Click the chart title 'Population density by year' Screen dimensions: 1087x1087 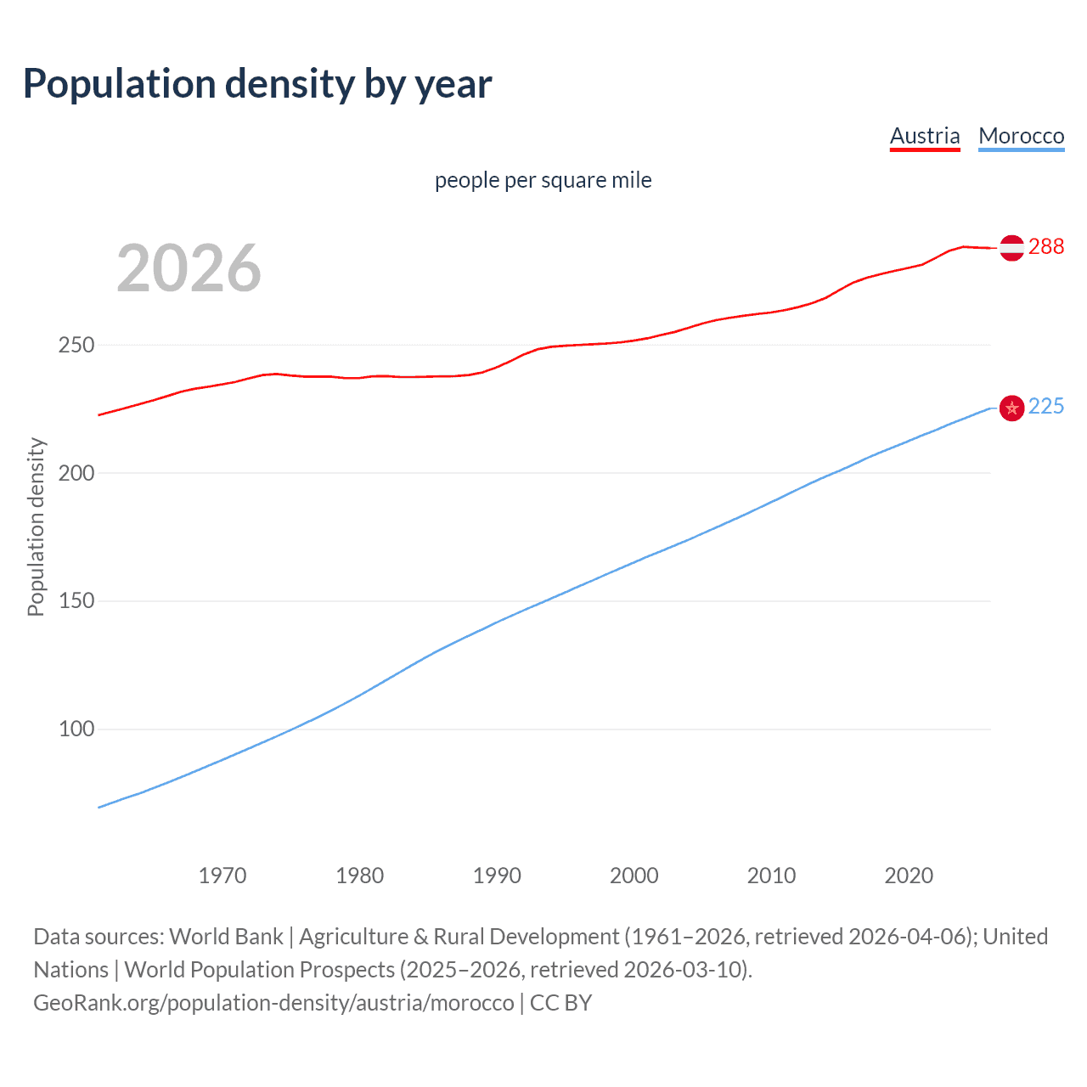tap(257, 84)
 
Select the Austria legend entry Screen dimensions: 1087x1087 tap(925, 136)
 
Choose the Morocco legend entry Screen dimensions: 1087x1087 tap(1021, 136)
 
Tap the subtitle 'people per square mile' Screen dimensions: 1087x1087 tap(543, 180)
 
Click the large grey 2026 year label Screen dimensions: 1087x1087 tap(189, 268)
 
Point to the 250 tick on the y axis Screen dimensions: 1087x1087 tap(76, 346)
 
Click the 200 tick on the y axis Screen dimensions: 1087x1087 tap(76, 473)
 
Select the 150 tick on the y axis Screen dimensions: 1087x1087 tap(76, 601)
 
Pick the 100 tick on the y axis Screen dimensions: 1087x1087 tap(76, 729)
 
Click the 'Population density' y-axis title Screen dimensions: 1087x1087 tap(36, 527)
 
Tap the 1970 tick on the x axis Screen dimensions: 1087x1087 tap(222, 876)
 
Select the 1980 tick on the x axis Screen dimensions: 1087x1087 tap(360, 876)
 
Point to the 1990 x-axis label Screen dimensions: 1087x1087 tap(497, 876)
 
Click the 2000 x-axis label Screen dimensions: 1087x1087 tap(634, 876)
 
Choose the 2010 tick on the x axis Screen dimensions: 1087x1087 tap(771, 876)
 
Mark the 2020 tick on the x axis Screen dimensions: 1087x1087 tap(909, 876)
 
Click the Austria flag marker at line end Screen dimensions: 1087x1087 tap(1011, 248)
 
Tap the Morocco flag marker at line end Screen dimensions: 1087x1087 tap(1011, 408)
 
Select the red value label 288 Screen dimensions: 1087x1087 tap(1046, 246)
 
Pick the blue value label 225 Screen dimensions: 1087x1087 tap(1046, 407)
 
